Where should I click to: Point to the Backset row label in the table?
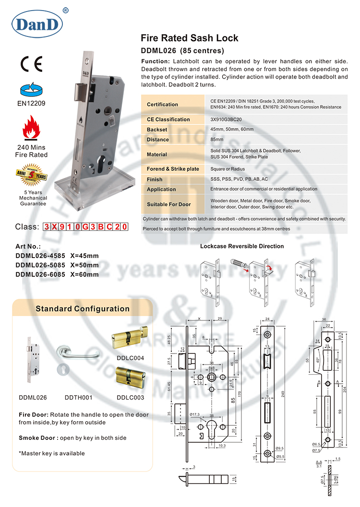click(157, 130)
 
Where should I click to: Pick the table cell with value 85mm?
click(217, 140)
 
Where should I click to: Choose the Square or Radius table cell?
click(228, 169)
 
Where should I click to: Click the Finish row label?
click(155, 179)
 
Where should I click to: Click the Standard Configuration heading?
click(83, 309)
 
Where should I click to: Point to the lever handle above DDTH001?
click(84, 354)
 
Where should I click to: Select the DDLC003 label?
click(130, 398)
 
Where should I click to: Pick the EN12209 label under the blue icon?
click(31, 103)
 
